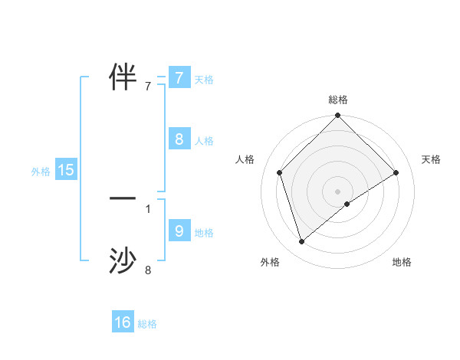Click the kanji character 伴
click(123, 76)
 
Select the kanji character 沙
click(123, 260)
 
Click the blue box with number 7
click(179, 78)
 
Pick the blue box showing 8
click(179, 139)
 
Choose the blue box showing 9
click(179, 231)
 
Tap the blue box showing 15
click(66, 171)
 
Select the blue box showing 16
click(123, 323)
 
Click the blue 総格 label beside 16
click(147, 324)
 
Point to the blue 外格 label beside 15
click(41, 172)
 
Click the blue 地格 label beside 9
click(204, 233)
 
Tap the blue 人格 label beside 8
click(204, 141)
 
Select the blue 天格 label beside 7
click(204, 80)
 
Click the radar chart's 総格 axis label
click(337, 100)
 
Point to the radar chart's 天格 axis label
click(432, 159)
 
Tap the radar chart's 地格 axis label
click(402, 262)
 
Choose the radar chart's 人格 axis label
click(245, 159)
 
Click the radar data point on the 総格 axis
click(337, 116)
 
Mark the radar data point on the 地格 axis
click(347, 204)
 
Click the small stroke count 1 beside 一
click(148, 208)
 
